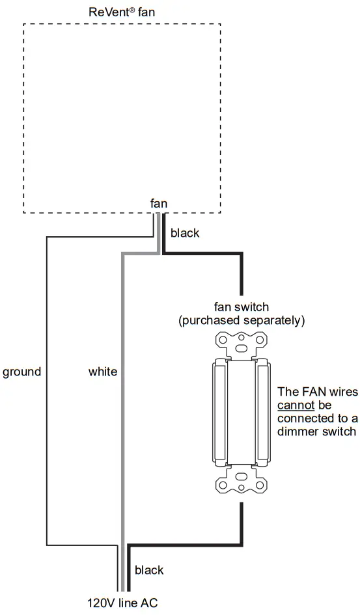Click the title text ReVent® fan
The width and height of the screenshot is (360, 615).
pyautogui.click(x=122, y=12)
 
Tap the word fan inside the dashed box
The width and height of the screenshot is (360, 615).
pyautogui.click(x=159, y=204)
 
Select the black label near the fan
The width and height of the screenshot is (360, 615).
pyautogui.click(x=184, y=232)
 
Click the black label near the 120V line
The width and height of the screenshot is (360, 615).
pyautogui.click(x=149, y=570)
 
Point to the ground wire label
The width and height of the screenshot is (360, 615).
pyautogui.click(x=21, y=372)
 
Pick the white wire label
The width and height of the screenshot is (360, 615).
pyautogui.click(x=103, y=372)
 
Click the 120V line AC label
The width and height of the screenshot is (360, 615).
pyautogui.click(x=122, y=603)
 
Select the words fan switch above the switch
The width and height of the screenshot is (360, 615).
pyautogui.click(x=242, y=307)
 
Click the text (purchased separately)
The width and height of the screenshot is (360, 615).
pyautogui.click(x=242, y=320)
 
